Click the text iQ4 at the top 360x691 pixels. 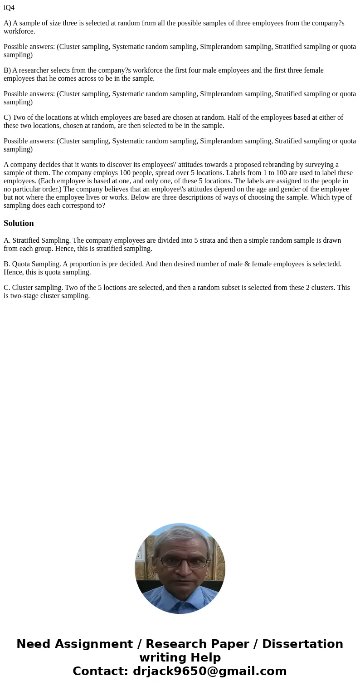coord(9,8)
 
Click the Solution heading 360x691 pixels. coord(19,223)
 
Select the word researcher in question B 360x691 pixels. coord(36,70)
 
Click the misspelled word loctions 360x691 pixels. coord(119,288)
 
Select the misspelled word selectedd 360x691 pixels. coord(326,264)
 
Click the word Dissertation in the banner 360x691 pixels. coord(302,644)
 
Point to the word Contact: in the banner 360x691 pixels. coord(100,671)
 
